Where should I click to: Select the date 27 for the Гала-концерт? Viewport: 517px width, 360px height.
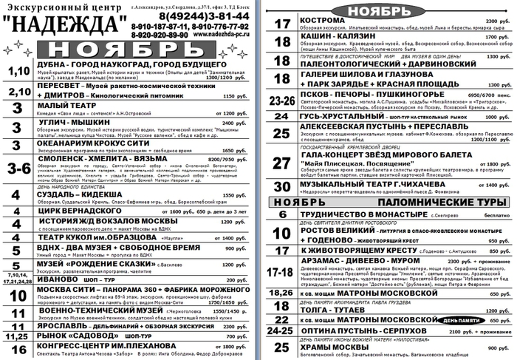pyautogui.click(x=281, y=163)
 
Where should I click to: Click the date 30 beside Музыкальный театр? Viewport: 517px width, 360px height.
pyautogui.click(x=282, y=186)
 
